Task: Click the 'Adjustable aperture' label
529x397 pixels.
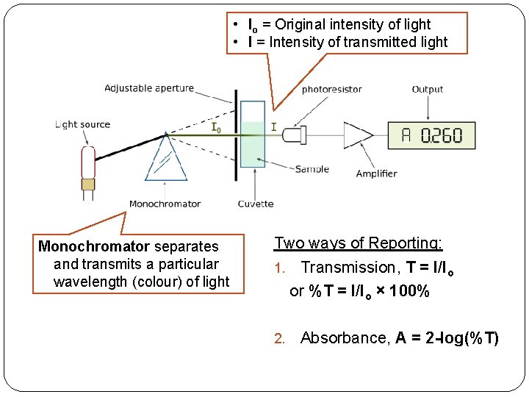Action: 149,88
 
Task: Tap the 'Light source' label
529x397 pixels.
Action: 83,124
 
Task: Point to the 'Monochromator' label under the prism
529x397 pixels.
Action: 165,204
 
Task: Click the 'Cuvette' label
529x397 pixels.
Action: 256,204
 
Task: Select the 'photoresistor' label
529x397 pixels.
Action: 331,90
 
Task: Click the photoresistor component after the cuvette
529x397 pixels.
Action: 295,135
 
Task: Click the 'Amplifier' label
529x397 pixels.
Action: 376,174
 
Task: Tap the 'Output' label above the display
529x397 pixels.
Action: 427,90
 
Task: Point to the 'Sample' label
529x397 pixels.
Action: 312,169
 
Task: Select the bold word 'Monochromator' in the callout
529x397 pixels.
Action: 95,246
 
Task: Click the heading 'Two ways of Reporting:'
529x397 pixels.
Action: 358,243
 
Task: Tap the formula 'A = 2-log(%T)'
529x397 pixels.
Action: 447,338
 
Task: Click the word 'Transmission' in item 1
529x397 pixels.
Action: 348,268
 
